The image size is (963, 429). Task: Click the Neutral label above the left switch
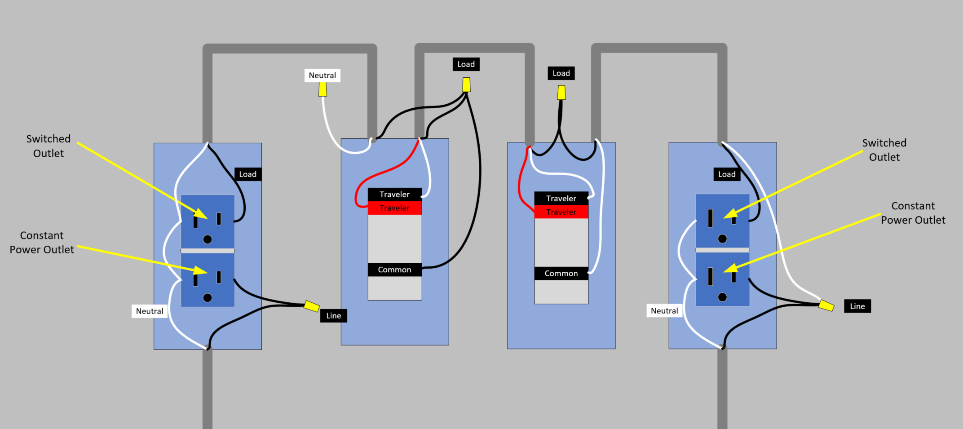click(x=322, y=75)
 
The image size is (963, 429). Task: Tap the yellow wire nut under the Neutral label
click(x=322, y=89)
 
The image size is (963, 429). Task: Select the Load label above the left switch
click(x=466, y=64)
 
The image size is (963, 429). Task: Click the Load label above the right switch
click(x=561, y=73)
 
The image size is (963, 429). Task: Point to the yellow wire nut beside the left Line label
click(x=312, y=306)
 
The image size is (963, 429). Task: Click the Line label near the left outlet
click(x=333, y=316)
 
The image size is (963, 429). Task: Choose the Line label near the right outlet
click(x=857, y=306)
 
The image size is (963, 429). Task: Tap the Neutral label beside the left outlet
click(x=150, y=311)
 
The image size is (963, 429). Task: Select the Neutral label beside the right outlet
click(x=664, y=311)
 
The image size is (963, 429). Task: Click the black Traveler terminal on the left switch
click(x=394, y=195)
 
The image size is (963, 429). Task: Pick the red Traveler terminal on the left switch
click(x=394, y=208)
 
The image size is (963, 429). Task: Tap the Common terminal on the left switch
click(x=394, y=270)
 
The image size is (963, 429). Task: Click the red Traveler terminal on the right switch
click(x=561, y=212)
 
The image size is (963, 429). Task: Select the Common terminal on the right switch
click(x=561, y=274)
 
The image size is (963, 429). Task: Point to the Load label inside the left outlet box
click(x=247, y=174)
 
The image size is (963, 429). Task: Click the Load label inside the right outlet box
click(x=727, y=174)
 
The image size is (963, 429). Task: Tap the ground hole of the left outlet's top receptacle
click(x=208, y=239)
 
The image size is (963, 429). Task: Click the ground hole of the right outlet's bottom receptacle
click(x=722, y=297)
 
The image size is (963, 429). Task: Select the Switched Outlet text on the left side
click(x=49, y=146)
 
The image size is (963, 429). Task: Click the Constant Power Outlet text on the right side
click(x=913, y=213)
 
